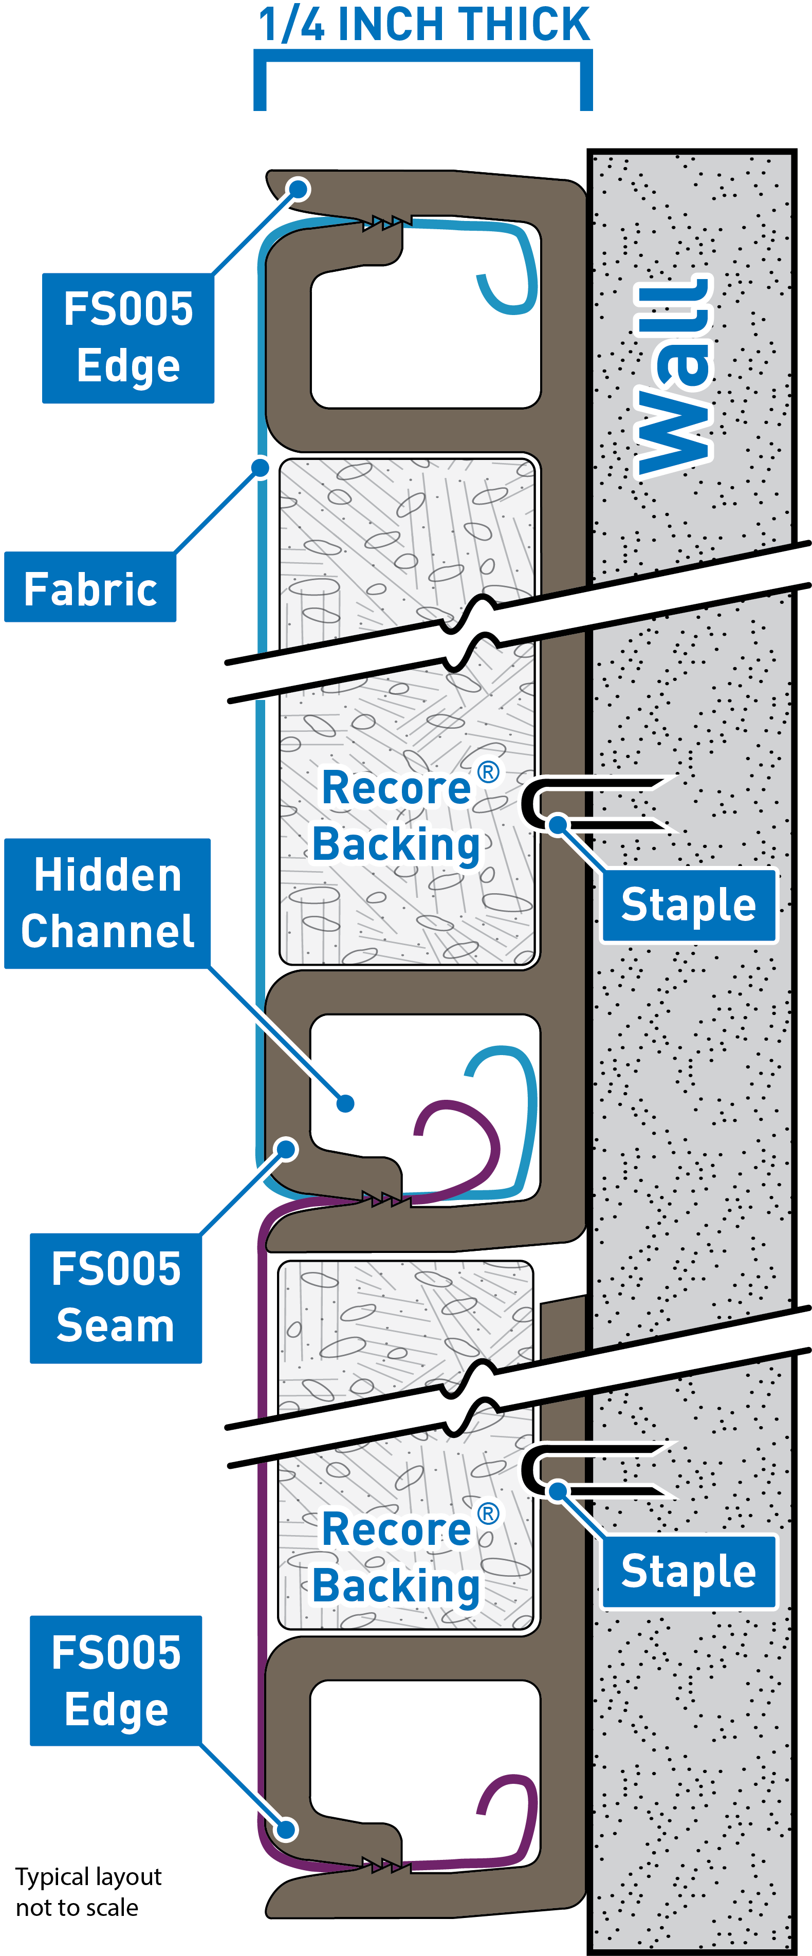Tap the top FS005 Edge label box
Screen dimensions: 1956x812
(x=127, y=338)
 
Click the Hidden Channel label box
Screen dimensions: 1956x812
(x=107, y=903)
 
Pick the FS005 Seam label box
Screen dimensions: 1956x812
(x=116, y=1298)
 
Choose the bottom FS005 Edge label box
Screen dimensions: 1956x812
(x=116, y=1681)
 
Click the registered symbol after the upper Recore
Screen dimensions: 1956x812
(x=488, y=772)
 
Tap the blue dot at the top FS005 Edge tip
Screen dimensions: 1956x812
(x=299, y=188)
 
